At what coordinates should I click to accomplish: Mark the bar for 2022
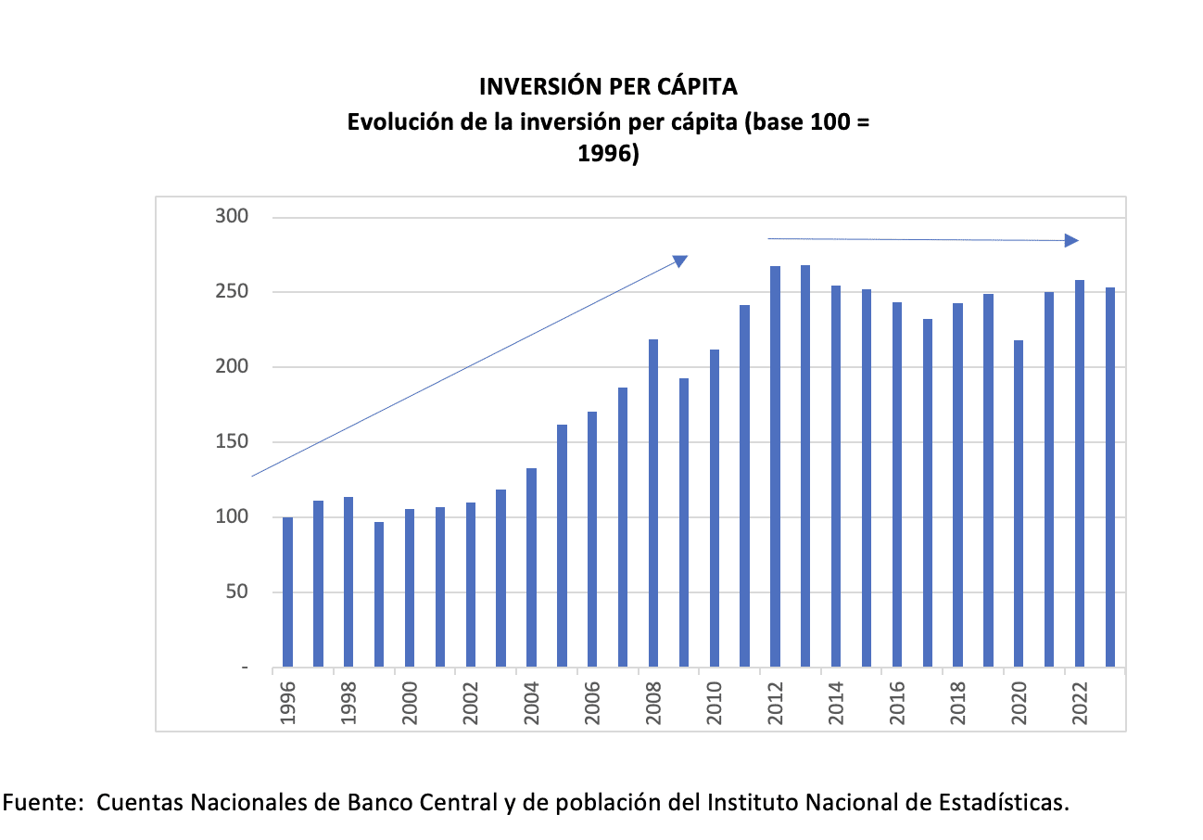(1080, 473)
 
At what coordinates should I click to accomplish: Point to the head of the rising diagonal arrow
(680, 261)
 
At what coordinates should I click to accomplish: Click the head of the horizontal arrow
(1071, 241)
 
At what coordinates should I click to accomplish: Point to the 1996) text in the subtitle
(608, 155)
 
